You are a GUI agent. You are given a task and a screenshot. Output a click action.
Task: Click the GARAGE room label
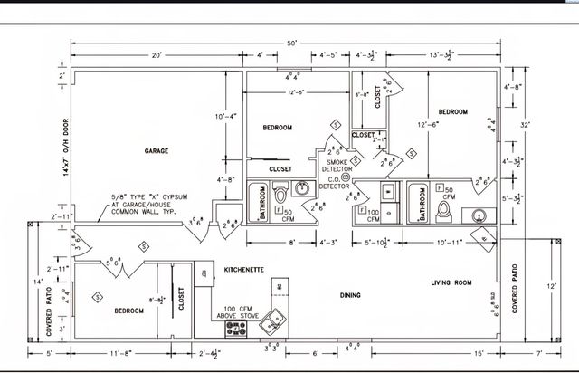(156, 150)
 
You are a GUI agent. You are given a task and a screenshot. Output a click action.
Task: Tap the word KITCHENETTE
(243, 270)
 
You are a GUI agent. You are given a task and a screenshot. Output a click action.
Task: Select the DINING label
(350, 295)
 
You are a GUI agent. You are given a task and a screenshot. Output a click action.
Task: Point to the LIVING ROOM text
(451, 283)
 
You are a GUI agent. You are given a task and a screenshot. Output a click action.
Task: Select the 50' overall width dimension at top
(291, 43)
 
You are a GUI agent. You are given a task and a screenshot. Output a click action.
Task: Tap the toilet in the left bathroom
(280, 193)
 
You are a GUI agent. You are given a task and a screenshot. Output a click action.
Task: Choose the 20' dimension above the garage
(157, 55)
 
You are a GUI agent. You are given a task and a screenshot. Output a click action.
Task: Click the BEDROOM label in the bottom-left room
(128, 311)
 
